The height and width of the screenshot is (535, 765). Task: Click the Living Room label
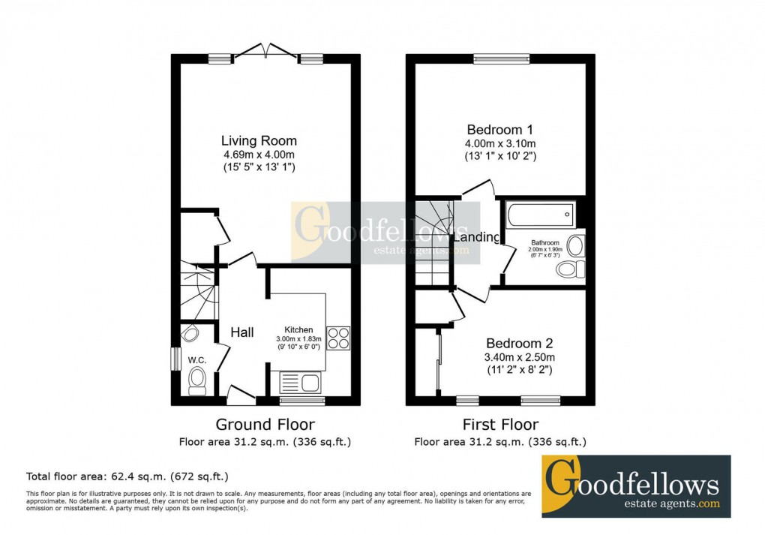pyautogui.click(x=259, y=140)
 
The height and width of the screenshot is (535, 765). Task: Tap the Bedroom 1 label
pyautogui.click(x=500, y=128)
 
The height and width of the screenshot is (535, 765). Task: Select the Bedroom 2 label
pyautogui.click(x=520, y=341)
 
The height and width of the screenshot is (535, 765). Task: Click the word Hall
pyautogui.click(x=241, y=332)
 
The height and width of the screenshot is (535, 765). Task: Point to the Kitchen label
pyautogui.click(x=298, y=329)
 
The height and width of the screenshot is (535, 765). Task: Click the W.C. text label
pyautogui.click(x=197, y=359)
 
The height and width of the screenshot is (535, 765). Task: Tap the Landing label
pyautogui.click(x=477, y=237)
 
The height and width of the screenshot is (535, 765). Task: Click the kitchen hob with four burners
pyautogui.click(x=338, y=338)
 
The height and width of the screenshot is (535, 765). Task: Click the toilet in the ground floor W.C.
pyautogui.click(x=197, y=380)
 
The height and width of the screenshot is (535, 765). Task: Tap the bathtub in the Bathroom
pyautogui.click(x=540, y=215)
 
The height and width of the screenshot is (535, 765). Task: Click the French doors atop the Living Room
pyautogui.click(x=265, y=53)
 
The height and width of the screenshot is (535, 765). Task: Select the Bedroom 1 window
pyautogui.click(x=501, y=59)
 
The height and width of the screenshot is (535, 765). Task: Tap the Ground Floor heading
pyautogui.click(x=265, y=425)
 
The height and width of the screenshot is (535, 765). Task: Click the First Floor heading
pyautogui.click(x=500, y=425)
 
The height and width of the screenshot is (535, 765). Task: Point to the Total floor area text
pyautogui.click(x=127, y=476)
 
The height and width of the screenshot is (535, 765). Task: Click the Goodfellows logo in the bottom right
pyautogui.click(x=636, y=485)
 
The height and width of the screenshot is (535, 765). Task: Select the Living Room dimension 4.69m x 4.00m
pyautogui.click(x=259, y=155)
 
